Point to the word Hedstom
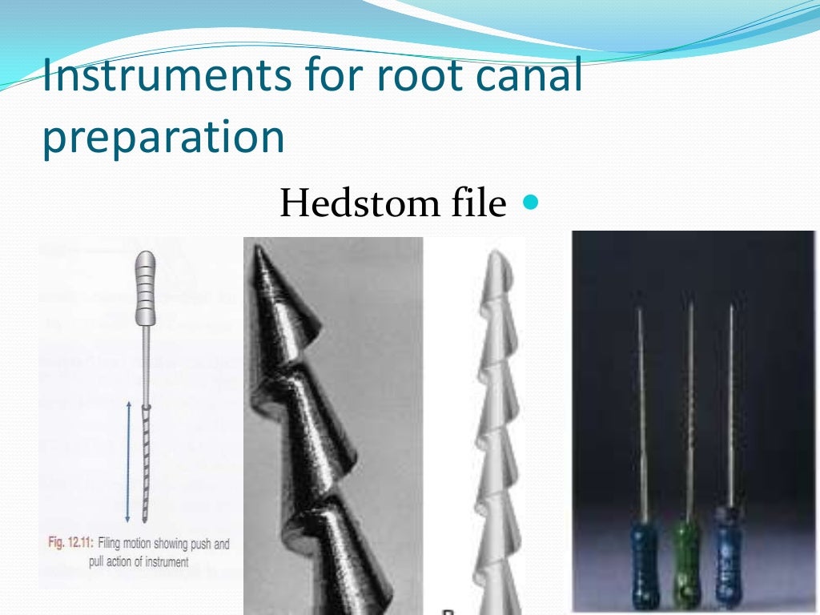[358, 204]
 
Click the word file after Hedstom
[474, 204]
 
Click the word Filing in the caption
[117, 545]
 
